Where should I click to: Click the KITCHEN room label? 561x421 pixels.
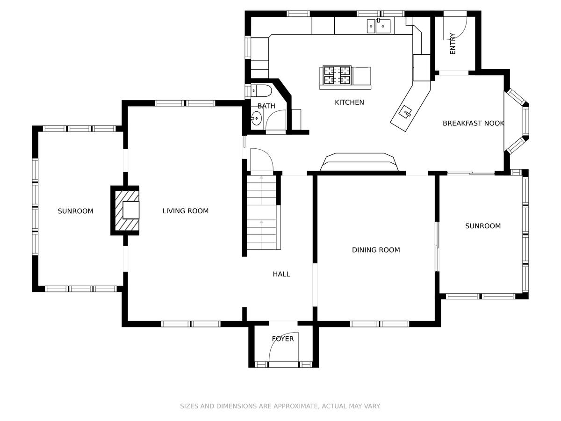[x=349, y=102]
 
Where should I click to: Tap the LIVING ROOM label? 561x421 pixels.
[x=185, y=211]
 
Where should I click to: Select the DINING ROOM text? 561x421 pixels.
[x=376, y=250]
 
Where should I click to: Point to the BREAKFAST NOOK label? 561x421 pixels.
[x=473, y=123]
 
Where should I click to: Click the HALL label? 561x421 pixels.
[x=281, y=274]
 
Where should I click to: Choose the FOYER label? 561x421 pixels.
[x=283, y=339]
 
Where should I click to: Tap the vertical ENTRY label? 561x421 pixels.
[x=453, y=44]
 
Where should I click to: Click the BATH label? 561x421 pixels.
[x=266, y=106]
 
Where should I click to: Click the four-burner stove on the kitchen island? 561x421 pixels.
[x=337, y=75]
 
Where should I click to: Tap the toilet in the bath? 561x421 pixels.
[x=261, y=91]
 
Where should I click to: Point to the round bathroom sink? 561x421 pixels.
[x=256, y=118]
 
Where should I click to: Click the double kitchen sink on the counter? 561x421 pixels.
[x=379, y=26]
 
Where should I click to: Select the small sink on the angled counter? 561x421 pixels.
[x=406, y=112]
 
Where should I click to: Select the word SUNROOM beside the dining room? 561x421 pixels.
[x=483, y=226]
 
